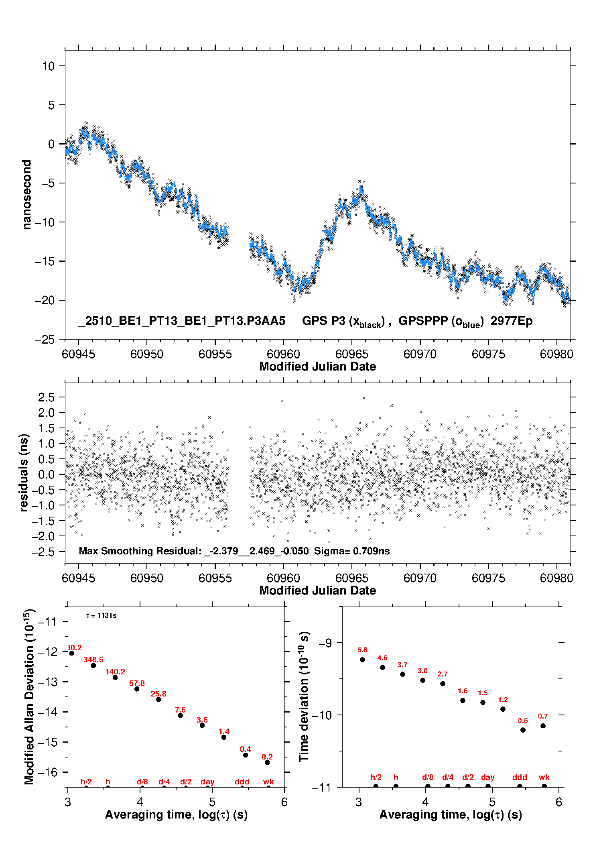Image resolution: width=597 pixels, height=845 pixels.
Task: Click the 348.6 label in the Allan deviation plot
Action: pyautogui.click(x=93, y=660)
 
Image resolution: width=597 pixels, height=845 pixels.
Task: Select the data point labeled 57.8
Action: pyautogui.click(x=137, y=689)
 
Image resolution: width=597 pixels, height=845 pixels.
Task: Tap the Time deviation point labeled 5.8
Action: pyautogui.click(x=362, y=660)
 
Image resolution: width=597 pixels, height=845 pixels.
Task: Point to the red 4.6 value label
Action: pyautogui.click(x=382, y=658)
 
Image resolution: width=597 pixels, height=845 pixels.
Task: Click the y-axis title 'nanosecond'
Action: pyautogui.click(x=26, y=195)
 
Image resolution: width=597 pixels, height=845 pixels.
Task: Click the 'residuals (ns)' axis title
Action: pyautogui.click(x=24, y=472)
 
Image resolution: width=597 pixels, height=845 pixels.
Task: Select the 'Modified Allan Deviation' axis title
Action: pyautogui.click(x=29, y=696)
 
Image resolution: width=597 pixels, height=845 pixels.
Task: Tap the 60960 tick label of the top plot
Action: pyautogui.click(x=283, y=354)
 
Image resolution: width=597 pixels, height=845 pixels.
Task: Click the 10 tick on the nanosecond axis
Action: pyautogui.click(x=49, y=66)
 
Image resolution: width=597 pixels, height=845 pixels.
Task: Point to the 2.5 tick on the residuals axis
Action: pyautogui.click(x=46, y=397)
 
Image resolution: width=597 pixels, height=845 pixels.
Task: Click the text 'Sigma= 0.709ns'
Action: pyautogui.click(x=352, y=551)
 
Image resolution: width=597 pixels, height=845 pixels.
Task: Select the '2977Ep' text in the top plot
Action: pyautogui.click(x=512, y=321)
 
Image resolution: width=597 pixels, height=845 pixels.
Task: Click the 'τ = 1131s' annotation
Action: pyautogui.click(x=101, y=615)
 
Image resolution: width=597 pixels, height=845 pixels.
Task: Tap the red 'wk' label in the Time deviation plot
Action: pyautogui.click(x=544, y=777)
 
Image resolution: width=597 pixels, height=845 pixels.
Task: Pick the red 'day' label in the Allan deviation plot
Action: pyautogui.click(x=207, y=782)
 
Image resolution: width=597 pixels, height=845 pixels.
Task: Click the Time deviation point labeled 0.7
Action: pyautogui.click(x=543, y=726)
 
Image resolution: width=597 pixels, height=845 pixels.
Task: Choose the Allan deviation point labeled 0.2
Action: pyautogui.click(x=267, y=762)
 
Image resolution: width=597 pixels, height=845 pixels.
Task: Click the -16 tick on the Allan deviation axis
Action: pyautogui.click(x=48, y=772)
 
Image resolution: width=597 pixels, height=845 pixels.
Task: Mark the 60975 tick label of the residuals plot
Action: pyautogui.click(x=488, y=578)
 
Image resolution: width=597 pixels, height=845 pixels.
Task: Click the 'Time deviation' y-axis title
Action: pyautogui.click(x=304, y=696)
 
